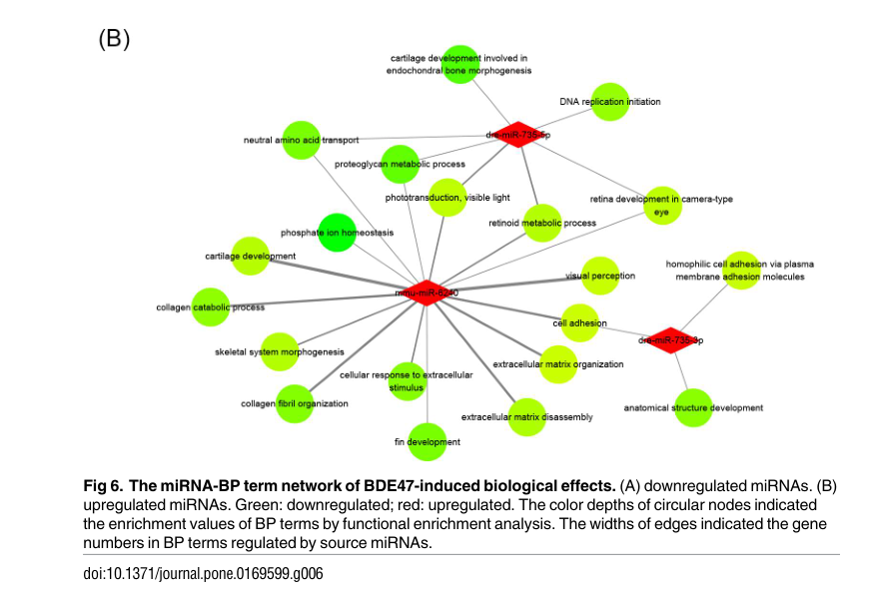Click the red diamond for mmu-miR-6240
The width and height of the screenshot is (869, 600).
pyautogui.click(x=428, y=293)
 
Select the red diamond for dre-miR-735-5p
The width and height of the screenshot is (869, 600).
pyautogui.click(x=517, y=134)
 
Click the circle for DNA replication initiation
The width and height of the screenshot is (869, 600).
pyautogui.click(x=609, y=102)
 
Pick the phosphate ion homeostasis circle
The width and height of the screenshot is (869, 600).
pyautogui.click(x=337, y=233)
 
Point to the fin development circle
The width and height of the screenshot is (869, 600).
pyautogui.click(x=427, y=441)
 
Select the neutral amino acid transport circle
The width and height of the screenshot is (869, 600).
pyautogui.click(x=301, y=140)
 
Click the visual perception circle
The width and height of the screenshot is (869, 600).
pyautogui.click(x=599, y=276)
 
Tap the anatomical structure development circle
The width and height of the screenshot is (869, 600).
pyautogui.click(x=693, y=407)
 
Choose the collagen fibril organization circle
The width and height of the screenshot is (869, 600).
pyautogui.click(x=295, y=403)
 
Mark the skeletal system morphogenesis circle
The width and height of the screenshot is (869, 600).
pyautogui.click(x=280, y=351)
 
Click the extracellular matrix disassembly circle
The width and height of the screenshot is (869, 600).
pyautogui.click(x=526, y=416)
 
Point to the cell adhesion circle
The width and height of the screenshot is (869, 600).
pyautogui.click(x=579, y=323)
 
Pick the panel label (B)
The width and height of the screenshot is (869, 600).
pyautogui.click(x=114, y=39)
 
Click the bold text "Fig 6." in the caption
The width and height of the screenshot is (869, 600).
pyautogui.click(x=102, y=485)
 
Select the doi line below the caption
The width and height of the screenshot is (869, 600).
pyautogui.click(x=203, y=573)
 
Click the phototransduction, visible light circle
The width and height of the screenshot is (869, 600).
pyautogui.click(x=447, y=198)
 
